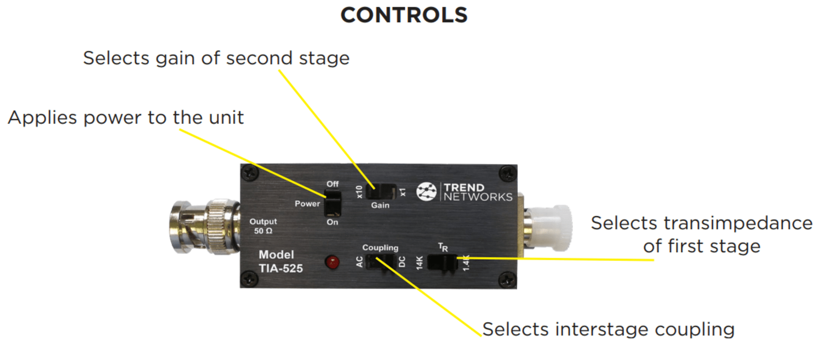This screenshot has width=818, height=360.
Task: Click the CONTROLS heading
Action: click(404, 15)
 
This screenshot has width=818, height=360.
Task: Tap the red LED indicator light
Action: click(332, 262)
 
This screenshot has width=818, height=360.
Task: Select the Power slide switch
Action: click(333, 203)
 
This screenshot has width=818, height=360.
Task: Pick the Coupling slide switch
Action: click(380, 262)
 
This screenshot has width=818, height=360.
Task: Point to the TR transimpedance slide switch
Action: click(443, 263)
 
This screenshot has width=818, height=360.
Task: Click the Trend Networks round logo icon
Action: click(426, 191)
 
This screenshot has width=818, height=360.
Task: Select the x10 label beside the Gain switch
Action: click(359, 192)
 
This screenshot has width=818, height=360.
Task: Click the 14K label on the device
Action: click(419, 262)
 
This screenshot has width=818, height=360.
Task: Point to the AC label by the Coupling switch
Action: click(359, 262)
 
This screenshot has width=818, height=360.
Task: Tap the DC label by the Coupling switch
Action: click(402, 262)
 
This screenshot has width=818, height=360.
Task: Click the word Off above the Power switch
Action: click(333, 184)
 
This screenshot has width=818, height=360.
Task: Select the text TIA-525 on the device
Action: click(281, 269)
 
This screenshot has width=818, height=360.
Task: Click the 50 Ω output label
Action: click(263, 231)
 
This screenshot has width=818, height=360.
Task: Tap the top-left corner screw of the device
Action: click(250, 173)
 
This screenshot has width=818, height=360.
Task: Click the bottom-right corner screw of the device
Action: click(507, 280)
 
